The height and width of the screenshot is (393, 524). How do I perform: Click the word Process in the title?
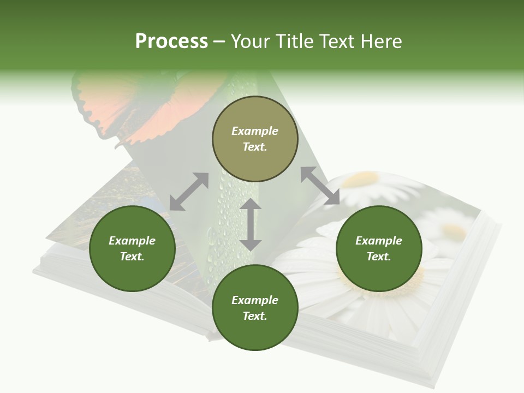coord(171,41)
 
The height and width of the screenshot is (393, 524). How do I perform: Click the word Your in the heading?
coord(252,41)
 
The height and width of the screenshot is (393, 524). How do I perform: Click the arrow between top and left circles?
coord(189,192)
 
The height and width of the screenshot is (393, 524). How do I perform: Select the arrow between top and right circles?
coord(320,186)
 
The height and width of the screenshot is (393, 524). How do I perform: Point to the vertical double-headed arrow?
coord(251,224)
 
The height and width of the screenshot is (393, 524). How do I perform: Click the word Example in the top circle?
coord(255,131)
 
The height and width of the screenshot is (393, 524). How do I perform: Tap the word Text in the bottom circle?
coord(255,316)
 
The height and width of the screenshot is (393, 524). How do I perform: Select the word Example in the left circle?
coord(132,241)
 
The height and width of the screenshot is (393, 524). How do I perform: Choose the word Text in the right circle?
coord(379,257)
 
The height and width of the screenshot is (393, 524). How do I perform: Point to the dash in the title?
coord(219,42)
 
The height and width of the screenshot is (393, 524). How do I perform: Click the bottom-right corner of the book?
coord(434,382)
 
